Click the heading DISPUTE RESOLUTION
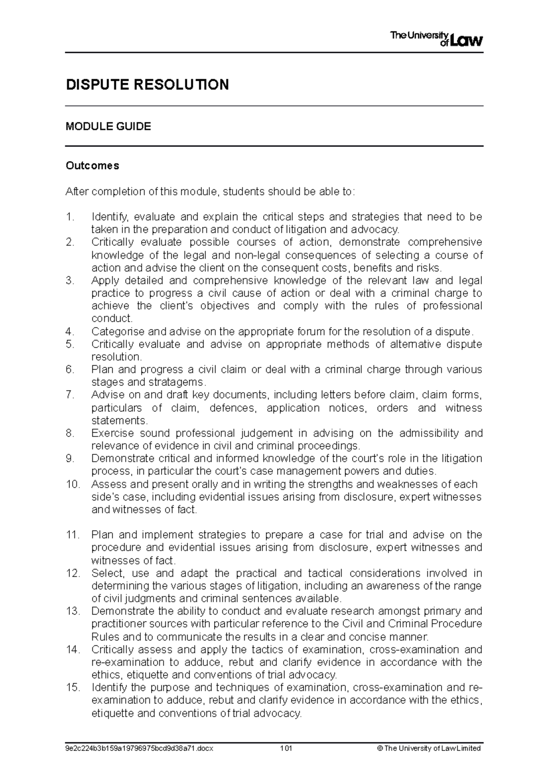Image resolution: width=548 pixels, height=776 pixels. (x=147, y=85)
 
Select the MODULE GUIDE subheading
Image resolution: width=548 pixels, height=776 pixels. (x=108, y=127)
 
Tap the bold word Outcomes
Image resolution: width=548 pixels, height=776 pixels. (x=92, y=165)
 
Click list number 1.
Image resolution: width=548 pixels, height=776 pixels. (x=69, y=217)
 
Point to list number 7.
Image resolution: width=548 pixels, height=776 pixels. (x=69, y=395)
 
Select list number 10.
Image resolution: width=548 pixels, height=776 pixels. (x=73, y=484)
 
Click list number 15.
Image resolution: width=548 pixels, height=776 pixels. (x=73, y=687)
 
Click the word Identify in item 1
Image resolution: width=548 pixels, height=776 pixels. (x=110, y=217)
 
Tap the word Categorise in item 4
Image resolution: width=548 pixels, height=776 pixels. (x=117, y=331)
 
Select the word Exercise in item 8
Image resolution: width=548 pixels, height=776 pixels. (x=112, y=433)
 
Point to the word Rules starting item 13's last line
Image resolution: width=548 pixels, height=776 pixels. (x=105, y=637)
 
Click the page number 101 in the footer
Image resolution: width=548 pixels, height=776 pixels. (x=286, y=749)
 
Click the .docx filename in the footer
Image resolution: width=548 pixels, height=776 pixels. (x=140, y=749)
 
